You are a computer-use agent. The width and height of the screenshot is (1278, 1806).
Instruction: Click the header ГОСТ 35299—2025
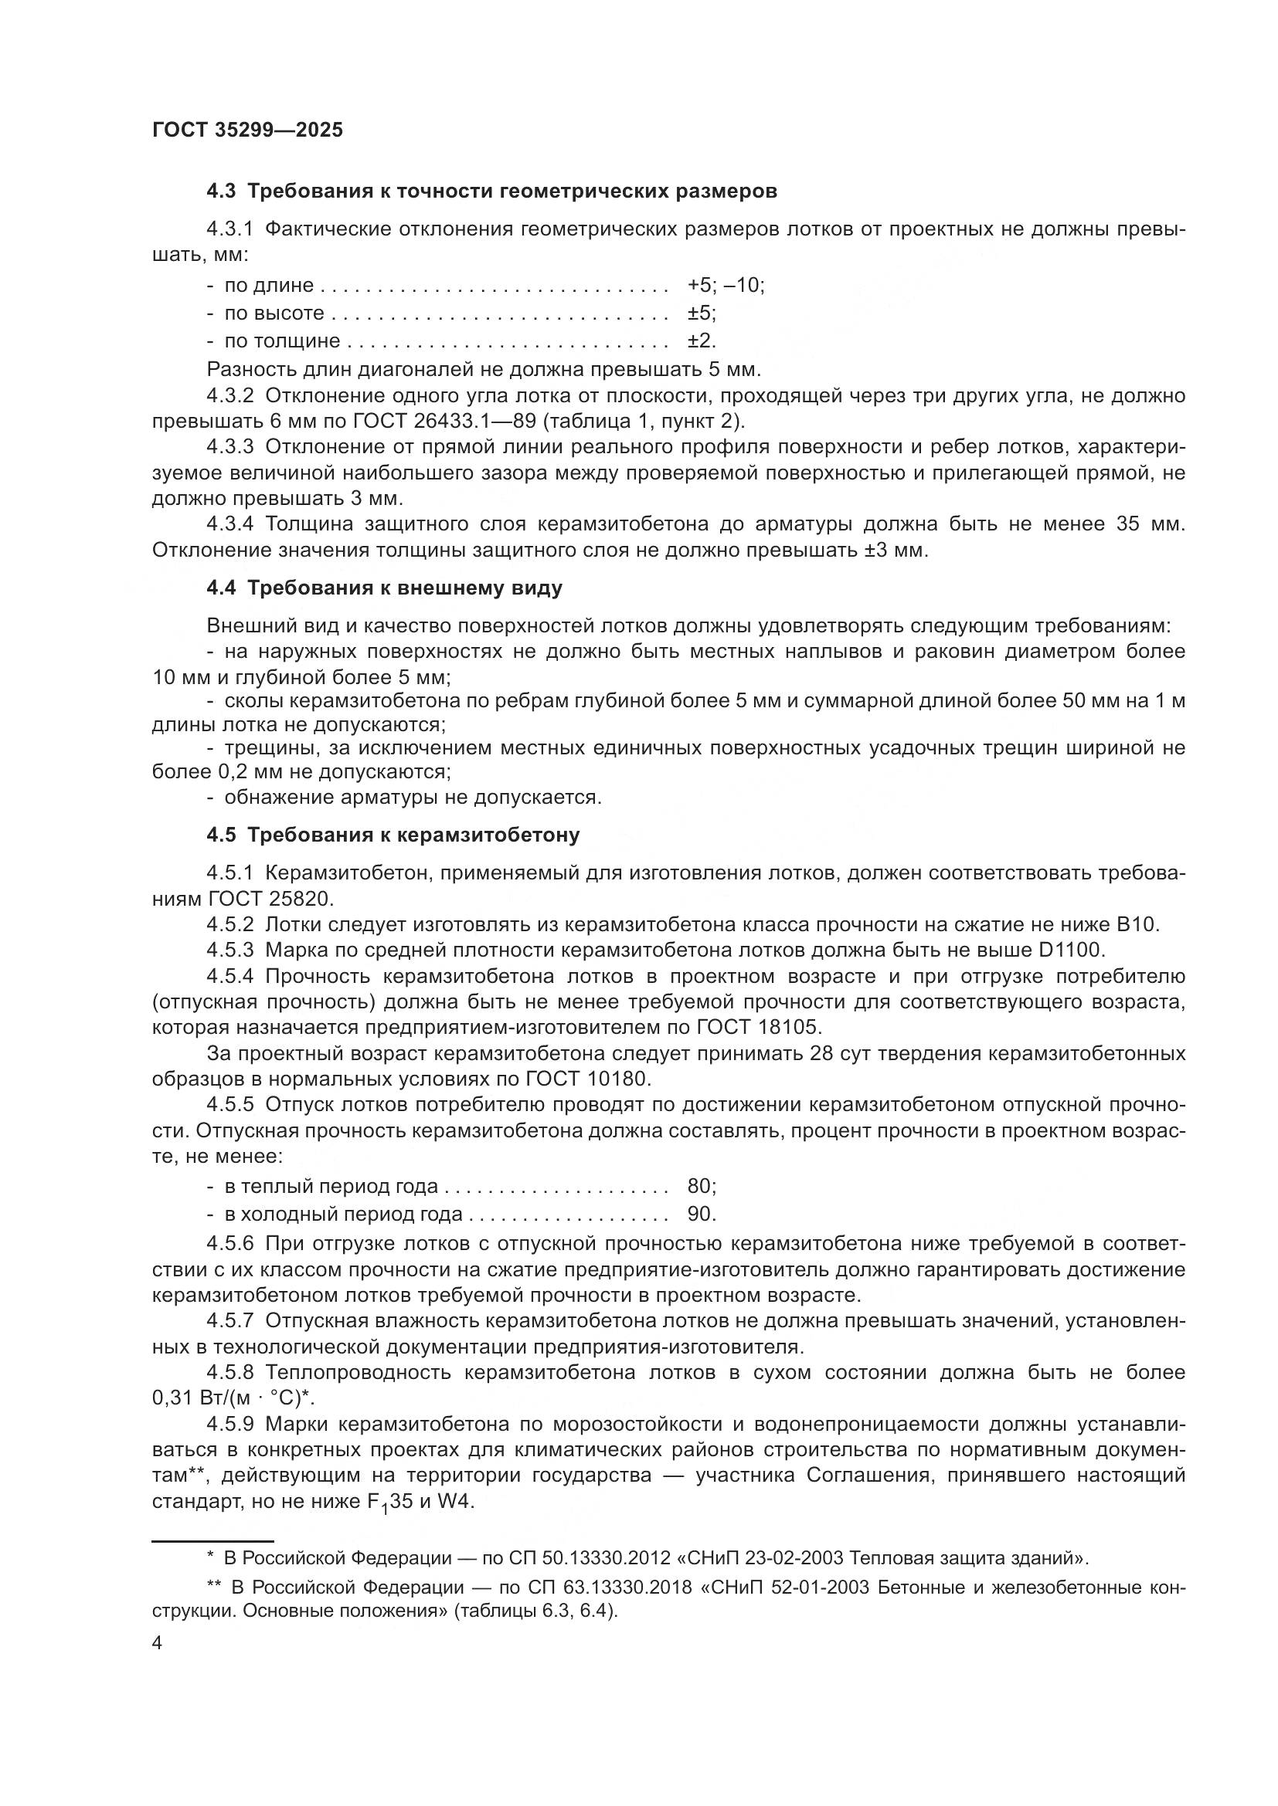247,130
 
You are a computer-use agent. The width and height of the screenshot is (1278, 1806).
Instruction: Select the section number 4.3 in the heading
221,191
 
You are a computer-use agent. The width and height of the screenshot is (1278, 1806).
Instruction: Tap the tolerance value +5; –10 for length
725,285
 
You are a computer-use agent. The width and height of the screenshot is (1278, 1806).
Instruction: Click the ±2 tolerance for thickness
701,341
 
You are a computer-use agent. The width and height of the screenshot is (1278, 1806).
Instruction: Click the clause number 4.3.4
229,524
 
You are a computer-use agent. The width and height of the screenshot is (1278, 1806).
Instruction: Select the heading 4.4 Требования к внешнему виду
384,588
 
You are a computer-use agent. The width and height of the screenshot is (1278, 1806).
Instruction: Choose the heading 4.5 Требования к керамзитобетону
393,835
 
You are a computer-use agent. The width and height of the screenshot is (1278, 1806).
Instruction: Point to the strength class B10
1137,924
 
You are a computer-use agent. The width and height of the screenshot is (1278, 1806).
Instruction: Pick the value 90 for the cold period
697,1214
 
